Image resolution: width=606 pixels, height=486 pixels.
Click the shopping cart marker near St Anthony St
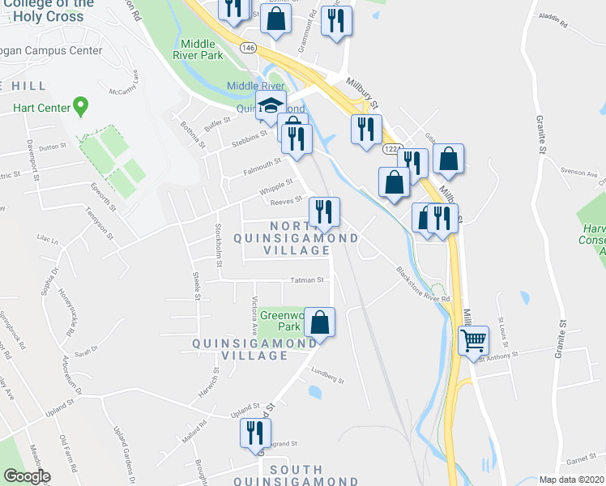473,340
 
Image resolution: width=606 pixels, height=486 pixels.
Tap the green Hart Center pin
80,105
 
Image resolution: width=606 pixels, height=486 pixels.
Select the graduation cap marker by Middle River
271,105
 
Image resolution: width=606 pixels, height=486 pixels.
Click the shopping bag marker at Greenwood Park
321,322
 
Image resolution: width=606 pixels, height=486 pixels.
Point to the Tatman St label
308,281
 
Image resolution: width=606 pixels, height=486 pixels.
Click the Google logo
27,476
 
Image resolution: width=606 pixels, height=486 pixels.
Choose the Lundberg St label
328,377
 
